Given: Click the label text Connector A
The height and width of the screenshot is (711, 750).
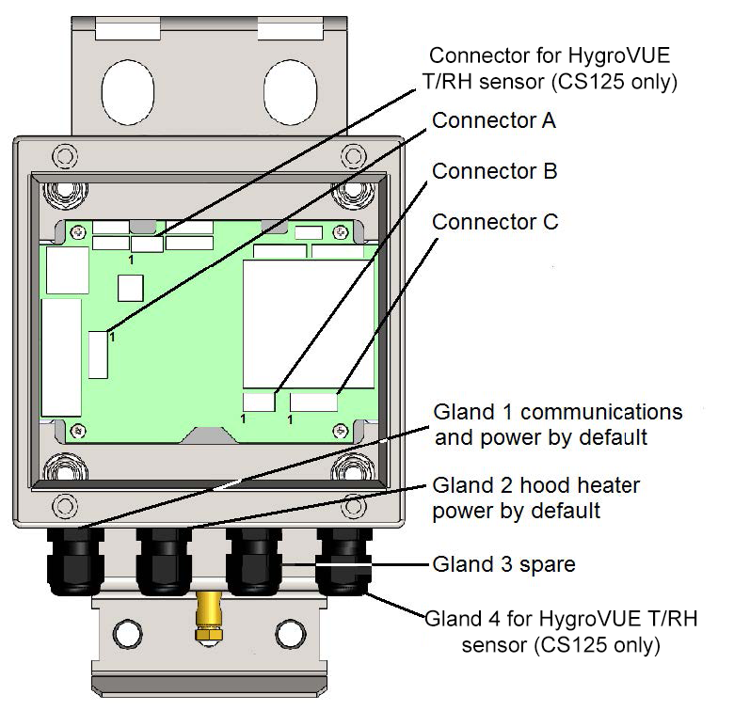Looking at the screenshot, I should [x=494, y=121].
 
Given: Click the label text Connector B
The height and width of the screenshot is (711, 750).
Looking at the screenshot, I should [x=494, y=172].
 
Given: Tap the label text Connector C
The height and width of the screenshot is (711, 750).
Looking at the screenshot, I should [x=495, y=223].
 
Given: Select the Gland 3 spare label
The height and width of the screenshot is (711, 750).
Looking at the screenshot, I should [x=503, y=565].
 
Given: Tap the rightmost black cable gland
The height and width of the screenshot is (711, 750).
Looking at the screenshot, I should [x=342, y=561].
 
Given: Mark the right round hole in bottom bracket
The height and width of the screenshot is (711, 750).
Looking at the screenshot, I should [x=284, y=631].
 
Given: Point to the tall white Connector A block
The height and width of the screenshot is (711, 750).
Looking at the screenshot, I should [x=98, y=354].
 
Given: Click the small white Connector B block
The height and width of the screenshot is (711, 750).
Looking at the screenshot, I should [x=260, y=402].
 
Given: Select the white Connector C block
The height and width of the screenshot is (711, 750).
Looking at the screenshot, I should [x=313, y=402].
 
